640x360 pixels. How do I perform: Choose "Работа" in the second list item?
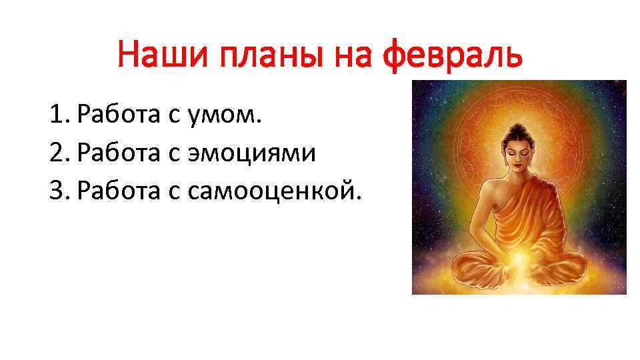click(117, 154)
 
